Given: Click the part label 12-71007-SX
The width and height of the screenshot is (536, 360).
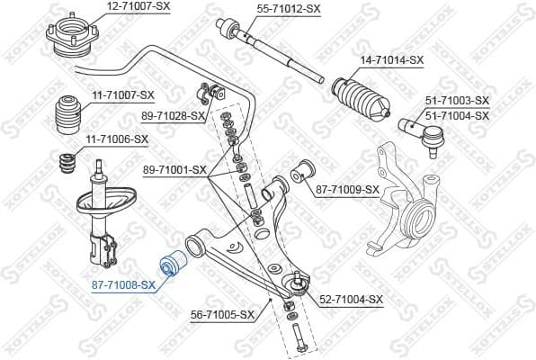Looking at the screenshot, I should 138,6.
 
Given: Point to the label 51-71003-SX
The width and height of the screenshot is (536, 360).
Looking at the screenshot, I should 457,101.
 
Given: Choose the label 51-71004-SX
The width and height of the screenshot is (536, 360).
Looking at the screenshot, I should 457,115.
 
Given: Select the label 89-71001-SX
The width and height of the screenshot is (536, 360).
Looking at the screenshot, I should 175,169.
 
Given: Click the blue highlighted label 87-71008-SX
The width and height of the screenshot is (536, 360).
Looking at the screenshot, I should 123,284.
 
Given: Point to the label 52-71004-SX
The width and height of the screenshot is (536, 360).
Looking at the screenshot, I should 352,300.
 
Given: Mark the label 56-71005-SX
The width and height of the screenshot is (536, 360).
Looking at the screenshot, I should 223,316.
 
